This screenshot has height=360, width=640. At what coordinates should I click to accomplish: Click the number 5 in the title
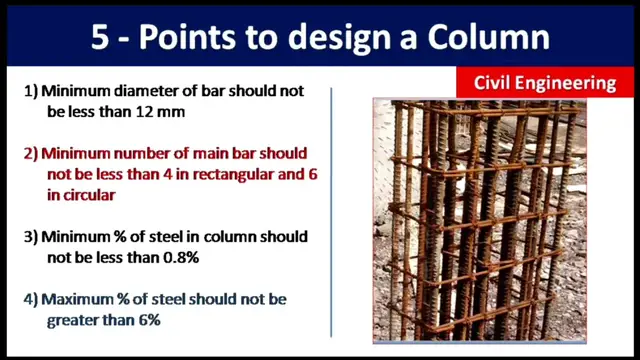pyautogui.click(x=101, y=37)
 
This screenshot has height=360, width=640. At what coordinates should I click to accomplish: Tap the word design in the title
pyautogui.click(x=318, y=37)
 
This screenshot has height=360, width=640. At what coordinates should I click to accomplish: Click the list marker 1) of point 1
pyautogui.click(x=30, y=91)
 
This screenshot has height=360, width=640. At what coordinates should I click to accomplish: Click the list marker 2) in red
pyautogui.click(x=30, y=154)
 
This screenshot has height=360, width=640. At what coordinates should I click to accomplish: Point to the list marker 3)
pyautogui.click(x=30, y=237)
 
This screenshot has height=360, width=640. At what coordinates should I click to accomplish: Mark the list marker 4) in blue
pyautogui.click(x=30, y=299)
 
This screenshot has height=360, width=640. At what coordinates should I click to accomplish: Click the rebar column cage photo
pyautogui.click(x=478, y=220)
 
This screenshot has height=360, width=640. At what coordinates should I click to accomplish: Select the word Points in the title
pyautogui.click(x=193, y=37)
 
